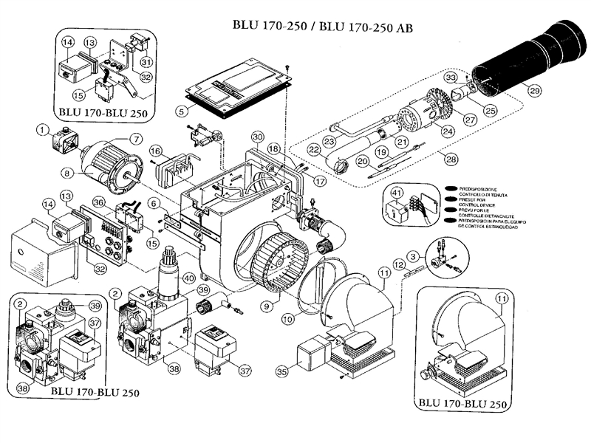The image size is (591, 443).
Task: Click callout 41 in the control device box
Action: tap(396, 194)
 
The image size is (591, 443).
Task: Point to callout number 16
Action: tap(156, 151)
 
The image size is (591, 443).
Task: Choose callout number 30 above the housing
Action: tap(257, 137)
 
